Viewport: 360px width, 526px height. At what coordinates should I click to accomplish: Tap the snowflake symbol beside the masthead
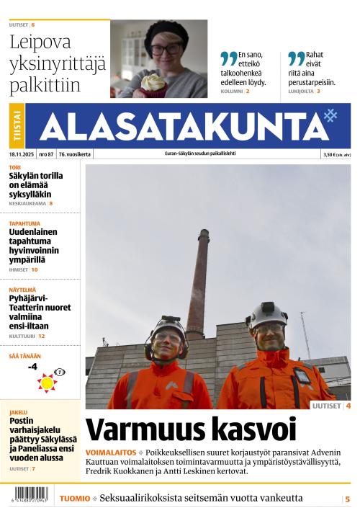click(330, 115)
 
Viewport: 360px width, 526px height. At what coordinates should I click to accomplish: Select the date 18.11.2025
click(22, 154)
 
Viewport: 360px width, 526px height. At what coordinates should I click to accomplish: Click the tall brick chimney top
click(204, 234)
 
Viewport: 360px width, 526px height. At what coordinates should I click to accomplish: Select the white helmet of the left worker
click(166, 326)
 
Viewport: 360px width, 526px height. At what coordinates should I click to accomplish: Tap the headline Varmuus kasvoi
click(191, 429)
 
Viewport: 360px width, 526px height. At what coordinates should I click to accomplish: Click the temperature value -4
click(32, 367)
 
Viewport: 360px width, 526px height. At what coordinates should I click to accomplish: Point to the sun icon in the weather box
click(47, 383)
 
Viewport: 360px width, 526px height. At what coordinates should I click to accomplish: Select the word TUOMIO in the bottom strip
click(75, 499)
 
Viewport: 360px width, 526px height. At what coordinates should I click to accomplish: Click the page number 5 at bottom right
click(347, 499)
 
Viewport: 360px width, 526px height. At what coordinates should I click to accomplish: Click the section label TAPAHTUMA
click(24, 223)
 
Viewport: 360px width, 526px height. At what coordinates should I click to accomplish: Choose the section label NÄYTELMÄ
click(22, 288)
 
